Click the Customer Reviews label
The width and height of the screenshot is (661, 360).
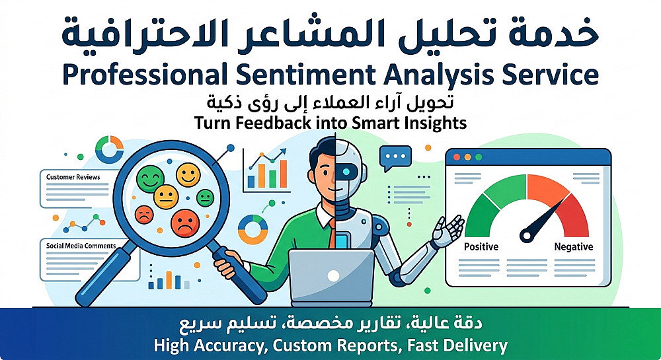click(x=73, y=177)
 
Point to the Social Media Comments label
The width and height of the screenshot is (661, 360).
click(x=81, y=246)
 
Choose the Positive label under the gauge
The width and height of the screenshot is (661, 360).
click(x=481, y=247)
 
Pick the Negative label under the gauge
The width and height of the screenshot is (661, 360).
click(x=574, y=247)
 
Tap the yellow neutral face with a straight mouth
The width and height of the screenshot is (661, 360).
click(x=166, y=197)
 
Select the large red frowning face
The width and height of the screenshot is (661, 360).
click(x=186, y=223)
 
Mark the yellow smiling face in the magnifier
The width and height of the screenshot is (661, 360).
click(x=188, y=175)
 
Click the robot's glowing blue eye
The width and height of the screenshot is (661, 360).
click(x=346, y=172)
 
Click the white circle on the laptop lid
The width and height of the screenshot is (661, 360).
click(x=333, y=276)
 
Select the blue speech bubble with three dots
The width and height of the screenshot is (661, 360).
click(x=395, y=158)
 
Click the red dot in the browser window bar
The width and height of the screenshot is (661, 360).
click(x=456, y=157)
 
